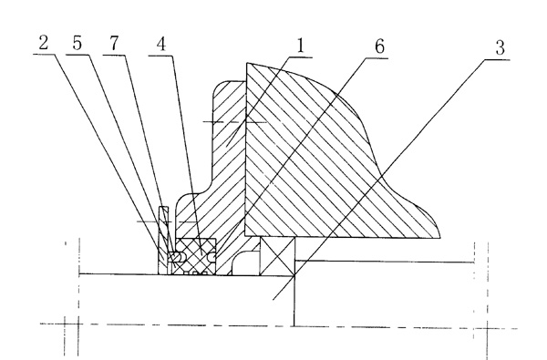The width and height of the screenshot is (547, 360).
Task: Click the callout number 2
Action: (x=43, y=43)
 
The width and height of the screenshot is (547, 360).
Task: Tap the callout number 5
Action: (x=77, y=43)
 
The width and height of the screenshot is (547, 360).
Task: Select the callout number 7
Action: (x=115, y=44)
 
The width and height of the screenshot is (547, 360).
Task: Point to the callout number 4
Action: (x=161, y=45)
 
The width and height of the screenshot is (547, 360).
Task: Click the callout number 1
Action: (x=300, y=46)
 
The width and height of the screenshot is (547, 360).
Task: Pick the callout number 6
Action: (x=380, y=46)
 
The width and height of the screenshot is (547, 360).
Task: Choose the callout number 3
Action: (x=501, y=47)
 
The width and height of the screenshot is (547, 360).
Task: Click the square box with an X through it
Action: (x=278, y=256)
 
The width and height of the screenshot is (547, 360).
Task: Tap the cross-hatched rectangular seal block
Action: (x=195, y=256)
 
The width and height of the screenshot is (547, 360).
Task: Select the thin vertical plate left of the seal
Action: (x=163, y=241)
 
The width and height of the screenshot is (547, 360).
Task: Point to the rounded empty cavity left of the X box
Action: (x=245, y=263)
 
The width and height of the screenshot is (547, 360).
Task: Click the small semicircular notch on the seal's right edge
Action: (x=212, y=257)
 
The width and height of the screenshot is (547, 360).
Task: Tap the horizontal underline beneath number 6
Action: (x=377, y=58)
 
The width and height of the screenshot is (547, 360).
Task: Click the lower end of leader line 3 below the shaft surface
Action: (x=273, y=299)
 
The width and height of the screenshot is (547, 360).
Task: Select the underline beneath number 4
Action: (x=160, y=56)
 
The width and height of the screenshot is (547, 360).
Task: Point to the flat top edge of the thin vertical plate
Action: (x=163, y=207)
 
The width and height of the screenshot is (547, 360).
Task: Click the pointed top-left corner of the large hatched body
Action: (x=247, y=63)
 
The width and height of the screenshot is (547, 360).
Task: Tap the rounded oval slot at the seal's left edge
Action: (x=175, y=257)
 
